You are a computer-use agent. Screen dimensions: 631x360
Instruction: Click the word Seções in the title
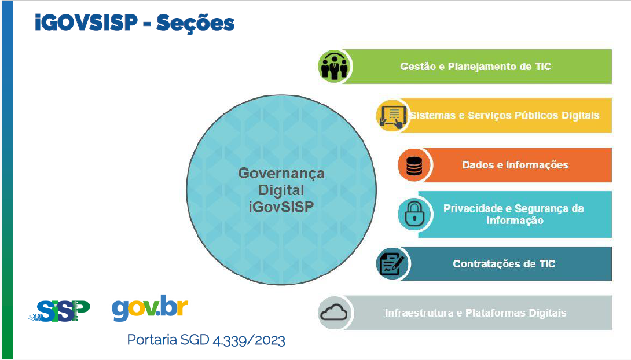click(x=195, y=23)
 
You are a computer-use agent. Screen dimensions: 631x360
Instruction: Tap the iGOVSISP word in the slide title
click(x=86, y=22)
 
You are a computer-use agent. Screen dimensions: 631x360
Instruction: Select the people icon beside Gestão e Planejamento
click(x=334, y=67)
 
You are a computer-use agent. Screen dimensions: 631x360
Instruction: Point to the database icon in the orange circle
click(x=414, y=166)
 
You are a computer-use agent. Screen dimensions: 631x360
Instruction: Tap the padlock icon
click(x=414, y=214)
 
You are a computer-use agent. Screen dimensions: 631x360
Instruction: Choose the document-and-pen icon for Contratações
click(x=392, y=265)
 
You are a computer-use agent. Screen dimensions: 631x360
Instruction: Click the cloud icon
click(x=334, y=312)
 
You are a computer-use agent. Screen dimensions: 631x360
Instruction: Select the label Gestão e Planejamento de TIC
click(x=475, y=67)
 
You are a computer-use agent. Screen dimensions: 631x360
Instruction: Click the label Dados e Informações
click(x=515, y=165)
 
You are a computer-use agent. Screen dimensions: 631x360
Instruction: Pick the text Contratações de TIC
click(x=504, y=264)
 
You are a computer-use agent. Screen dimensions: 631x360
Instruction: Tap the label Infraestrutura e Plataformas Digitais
click(x=476, y=313)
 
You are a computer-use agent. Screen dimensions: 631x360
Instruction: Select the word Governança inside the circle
click(x=281, y=174)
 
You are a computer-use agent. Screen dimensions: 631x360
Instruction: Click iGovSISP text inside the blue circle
click(x=281, y=207)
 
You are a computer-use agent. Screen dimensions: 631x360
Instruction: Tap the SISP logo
click(x=59, y=311)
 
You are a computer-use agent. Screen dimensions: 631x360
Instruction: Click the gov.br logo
click(x=150, y=308)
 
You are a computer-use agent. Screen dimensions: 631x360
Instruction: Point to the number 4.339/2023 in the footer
click(x=249, y=340)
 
